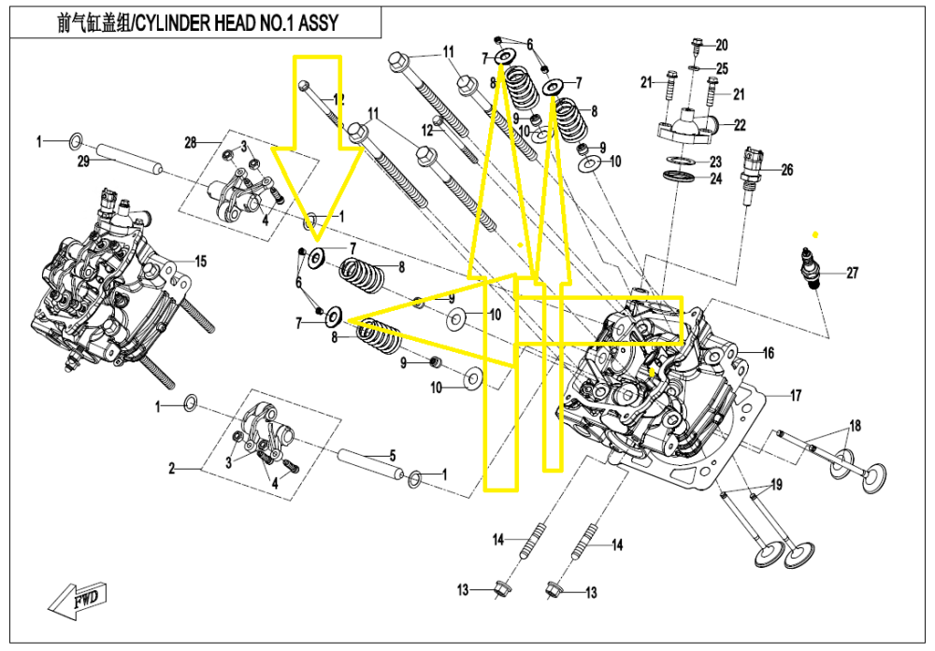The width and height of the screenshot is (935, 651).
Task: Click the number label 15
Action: [200, 260]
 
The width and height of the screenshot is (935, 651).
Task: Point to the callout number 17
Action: [796, 396]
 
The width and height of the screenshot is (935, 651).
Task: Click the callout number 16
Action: [768, 353]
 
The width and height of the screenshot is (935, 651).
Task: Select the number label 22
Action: [739, 124]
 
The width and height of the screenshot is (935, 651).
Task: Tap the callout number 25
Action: [722, 69]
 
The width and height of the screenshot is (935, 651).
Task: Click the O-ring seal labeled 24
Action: [682, 177]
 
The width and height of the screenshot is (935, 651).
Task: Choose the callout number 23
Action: [715, 162]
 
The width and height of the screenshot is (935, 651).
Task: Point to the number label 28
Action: [191, 143]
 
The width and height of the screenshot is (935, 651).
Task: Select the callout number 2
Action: [172, 468]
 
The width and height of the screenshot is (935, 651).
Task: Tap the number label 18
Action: [854, 426]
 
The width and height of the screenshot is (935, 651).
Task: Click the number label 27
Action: [852, 274]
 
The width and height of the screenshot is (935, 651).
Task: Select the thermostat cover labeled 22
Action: [690, 121]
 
